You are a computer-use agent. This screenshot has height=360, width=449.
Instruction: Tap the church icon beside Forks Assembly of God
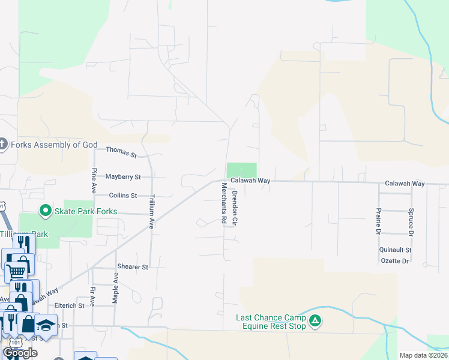(x=3, y=144)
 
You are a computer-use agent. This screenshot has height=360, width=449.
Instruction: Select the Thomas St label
(x=122, y=152)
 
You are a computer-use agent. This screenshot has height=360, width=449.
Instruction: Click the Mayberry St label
(x=122, y=177)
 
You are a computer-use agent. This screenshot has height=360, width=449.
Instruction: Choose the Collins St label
(x=123, y=196)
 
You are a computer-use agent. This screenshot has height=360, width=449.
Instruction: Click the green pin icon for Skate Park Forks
(x=44, y=211)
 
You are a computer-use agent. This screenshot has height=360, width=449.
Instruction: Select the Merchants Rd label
(x=223, y=203)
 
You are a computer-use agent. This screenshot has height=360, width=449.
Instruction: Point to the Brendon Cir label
(x=235, y=209)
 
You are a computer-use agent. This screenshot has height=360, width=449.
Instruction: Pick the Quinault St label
(x=395, y=250)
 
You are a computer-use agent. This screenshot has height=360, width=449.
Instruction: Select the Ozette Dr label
(x=394, y=261)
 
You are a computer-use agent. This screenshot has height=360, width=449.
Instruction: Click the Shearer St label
(x=133, y=266)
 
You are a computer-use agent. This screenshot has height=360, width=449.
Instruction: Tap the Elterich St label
(x=69, y=305)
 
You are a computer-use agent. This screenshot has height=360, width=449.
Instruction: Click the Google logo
(x=20, y=353)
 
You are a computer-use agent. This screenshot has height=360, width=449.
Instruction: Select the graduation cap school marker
(x=46, y=325)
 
